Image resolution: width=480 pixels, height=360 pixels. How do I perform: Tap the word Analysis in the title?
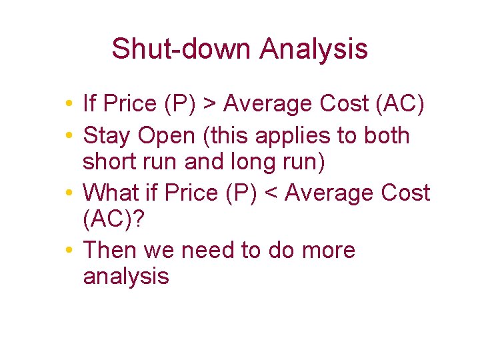click(313, 49)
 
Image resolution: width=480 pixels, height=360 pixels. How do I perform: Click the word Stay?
click(107, 136)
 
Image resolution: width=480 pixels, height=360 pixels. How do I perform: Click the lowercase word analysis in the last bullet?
click(126, 277)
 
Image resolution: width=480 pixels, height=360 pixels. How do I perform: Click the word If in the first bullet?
click(89, 104)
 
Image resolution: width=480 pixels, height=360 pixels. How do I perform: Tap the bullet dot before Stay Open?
click(69, 137)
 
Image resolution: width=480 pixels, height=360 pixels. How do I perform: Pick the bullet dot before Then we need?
click(69, 251)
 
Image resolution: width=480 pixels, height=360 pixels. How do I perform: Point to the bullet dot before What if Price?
click(69, 193)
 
